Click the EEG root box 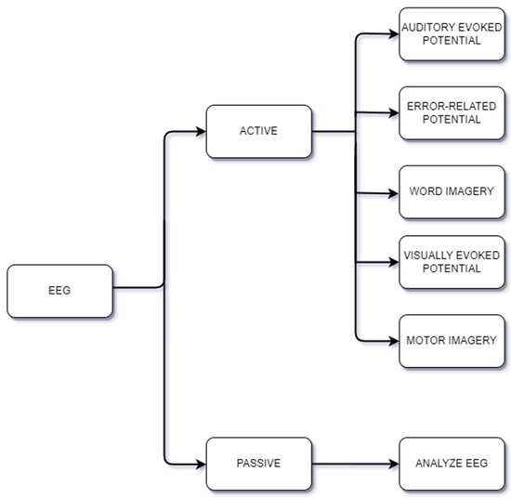click(59, 289)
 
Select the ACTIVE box click(259, 131)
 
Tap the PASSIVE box click(259, 462)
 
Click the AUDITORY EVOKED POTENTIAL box click(452, 34)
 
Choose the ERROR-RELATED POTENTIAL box click(452, 112)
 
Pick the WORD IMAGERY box click(452, 192)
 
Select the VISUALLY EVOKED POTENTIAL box click(452, 261)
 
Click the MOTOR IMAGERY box click(452, 341)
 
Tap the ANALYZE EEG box click(452, 462)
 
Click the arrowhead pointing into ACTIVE click(202, 131)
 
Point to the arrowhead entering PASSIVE click(202, 462)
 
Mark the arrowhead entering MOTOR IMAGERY click(394, 341)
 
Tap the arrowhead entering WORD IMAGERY click(394, 193)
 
